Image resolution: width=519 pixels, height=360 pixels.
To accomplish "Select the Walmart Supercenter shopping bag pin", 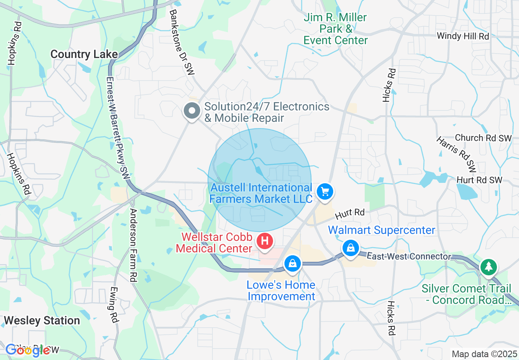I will coord(351,248).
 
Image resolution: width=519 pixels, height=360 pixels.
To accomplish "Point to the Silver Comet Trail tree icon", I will coord(488,267).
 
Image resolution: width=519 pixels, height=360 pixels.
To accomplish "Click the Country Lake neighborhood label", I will coord(84,54).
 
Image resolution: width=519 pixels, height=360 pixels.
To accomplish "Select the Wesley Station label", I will coord(42,320).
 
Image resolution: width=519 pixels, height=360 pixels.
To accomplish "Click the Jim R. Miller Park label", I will coord(336,29).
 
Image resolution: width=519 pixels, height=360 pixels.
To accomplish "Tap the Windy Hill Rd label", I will coord(463,36).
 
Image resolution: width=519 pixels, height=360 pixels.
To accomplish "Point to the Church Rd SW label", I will coord(483,138).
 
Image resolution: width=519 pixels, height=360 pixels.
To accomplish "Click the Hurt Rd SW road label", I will coord(479,180).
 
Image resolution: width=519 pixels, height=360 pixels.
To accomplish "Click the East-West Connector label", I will coord(409,256).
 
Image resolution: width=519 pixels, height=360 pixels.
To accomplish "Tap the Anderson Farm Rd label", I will coord(133,245).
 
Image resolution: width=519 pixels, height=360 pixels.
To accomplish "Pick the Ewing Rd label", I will coord(113,304).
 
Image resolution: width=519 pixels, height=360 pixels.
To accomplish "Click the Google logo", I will coord(28,350).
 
